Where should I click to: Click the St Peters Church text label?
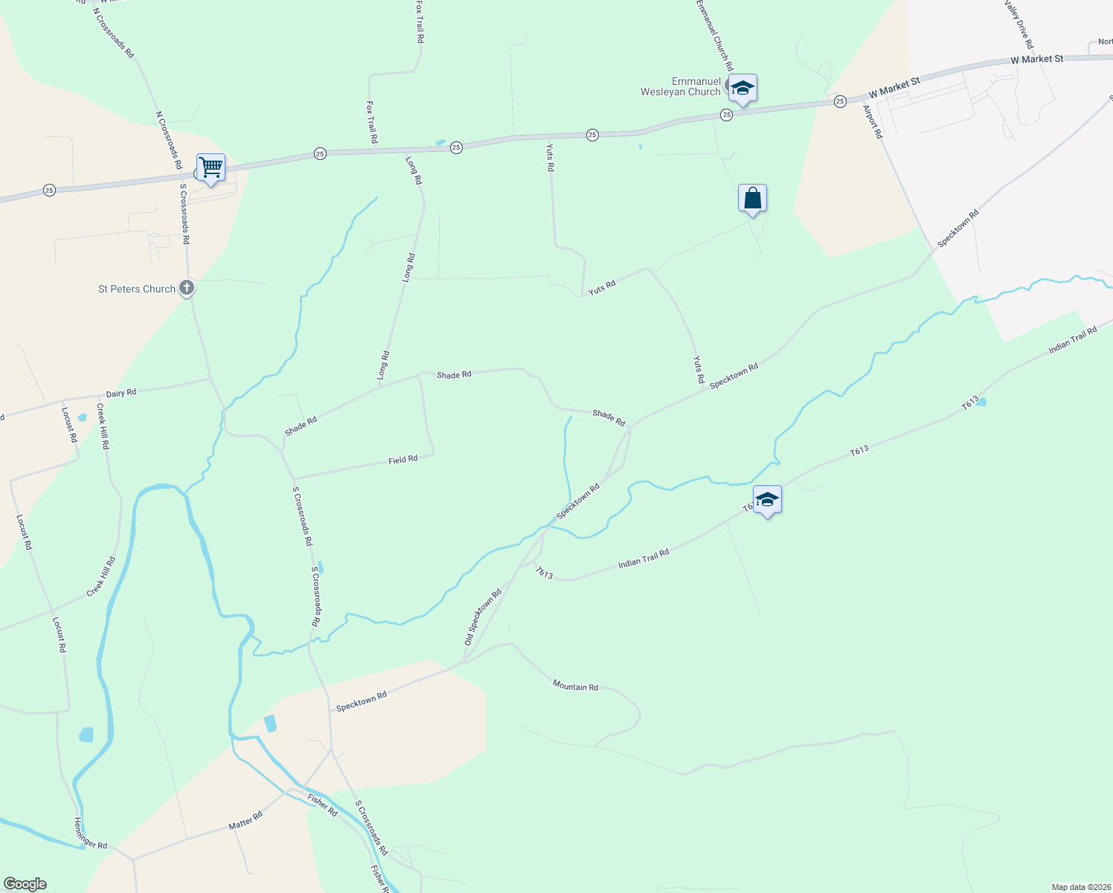pos(137,289)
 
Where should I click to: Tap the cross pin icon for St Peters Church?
pos(187,287)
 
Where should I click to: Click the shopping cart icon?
pos(211,167)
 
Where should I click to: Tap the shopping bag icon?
pos(752,199)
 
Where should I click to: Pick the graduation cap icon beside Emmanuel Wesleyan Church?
pos(742,89)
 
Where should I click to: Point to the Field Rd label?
pos(402,460)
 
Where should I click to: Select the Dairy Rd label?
pos(121,392)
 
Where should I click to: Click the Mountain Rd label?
pos(575,686)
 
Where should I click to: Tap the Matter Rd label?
pos(246,821)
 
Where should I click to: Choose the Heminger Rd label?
pos(91,833)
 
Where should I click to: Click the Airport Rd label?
pos(872,121)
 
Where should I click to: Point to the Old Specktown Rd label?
pos(483,617)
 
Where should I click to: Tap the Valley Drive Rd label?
pos(1019,24)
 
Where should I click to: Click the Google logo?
pos(25,884)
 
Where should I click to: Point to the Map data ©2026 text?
pos(1080,887)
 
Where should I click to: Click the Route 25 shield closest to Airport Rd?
pos(840,101)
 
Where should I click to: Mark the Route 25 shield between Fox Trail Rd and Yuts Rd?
pos(456,147)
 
